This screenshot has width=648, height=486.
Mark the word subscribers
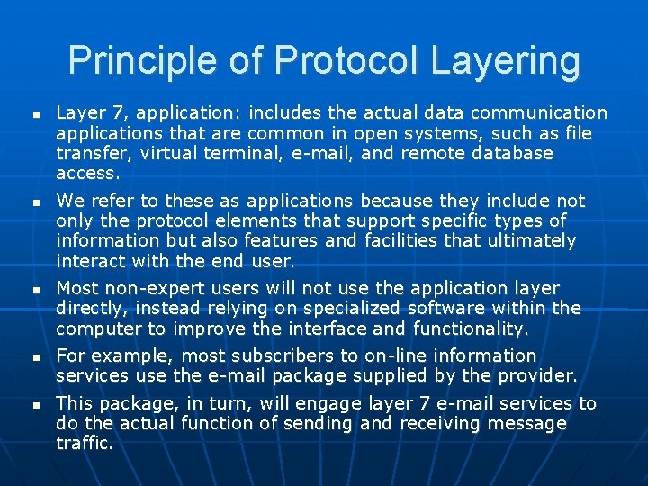click(280, 355)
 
